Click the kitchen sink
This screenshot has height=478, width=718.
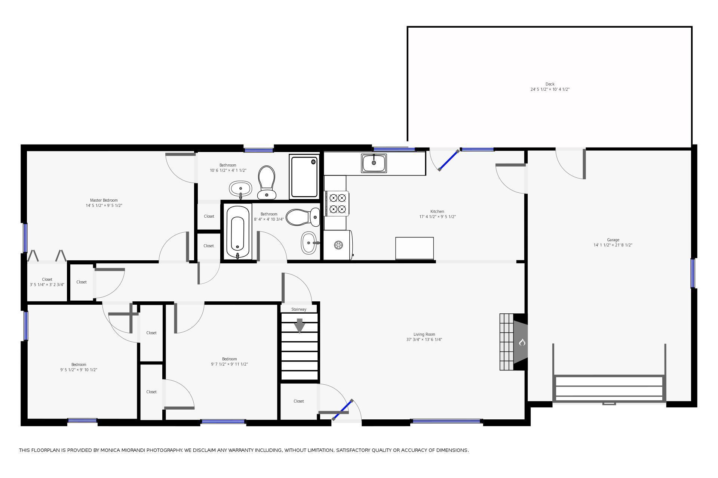(374, 163)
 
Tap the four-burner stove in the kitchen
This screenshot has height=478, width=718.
(337, 204)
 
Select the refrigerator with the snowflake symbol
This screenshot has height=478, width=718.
(338, 245)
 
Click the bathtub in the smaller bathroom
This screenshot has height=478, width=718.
(238, 232)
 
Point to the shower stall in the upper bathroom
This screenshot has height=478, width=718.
(304, 177)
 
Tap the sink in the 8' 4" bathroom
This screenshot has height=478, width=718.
(310, 243)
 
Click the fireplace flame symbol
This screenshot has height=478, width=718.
(522, 342)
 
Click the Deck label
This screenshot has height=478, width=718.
(550, 84)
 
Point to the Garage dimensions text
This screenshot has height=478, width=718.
(613, 245)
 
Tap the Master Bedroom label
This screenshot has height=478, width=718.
(104, 200)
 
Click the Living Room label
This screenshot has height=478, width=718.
(424, 334)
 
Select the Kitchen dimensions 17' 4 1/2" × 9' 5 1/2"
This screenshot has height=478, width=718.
(438, 217)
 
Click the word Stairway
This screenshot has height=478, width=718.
(299, 309)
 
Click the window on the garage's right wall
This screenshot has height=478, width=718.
(693, 273)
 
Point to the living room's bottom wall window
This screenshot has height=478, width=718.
(447, 421)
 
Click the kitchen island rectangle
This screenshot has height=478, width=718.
(415, 248)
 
